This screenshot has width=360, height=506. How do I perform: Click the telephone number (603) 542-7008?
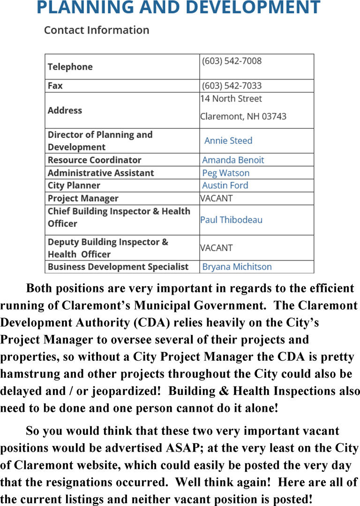(232, 61)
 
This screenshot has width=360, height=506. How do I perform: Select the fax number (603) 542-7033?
(232, 86)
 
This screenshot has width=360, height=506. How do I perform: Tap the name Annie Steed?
(228, 141)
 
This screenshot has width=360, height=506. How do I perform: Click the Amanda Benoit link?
(233, 160)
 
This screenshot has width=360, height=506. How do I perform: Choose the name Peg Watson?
(225, 173)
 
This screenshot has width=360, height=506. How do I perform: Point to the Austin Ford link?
(225, 186)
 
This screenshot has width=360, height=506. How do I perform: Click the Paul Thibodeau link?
(231, 220)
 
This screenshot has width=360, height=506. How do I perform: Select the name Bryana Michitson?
(237, 267)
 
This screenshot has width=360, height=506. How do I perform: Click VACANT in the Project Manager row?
(217, 198)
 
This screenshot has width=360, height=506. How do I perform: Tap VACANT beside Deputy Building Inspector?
(217, 248)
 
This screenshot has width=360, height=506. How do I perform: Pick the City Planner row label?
(74, 186)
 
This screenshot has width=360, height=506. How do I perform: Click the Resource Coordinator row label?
(94, 160)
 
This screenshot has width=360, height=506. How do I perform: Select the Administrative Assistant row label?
(101, 173)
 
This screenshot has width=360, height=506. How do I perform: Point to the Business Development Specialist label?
(118, 267)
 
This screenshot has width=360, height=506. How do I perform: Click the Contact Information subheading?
(97, 30)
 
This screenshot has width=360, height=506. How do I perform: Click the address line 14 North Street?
(231, 99)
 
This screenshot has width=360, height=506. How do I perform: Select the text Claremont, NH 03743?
(243, 116)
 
